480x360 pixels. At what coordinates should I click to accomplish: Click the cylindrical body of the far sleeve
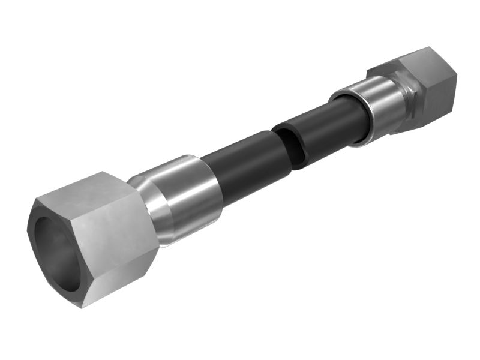pyautogui.click(x=381, y=102)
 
